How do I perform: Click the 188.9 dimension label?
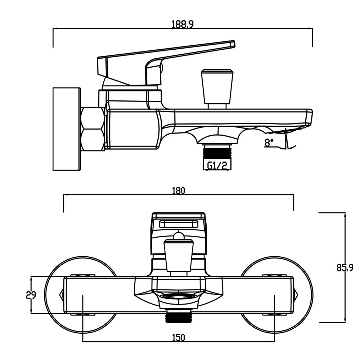click(x=183, y=24)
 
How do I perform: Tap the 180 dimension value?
click(x=179, y=191)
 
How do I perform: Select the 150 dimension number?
click(x=179, y=338)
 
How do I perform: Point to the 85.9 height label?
click(x=345, y=268)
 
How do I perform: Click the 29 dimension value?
click(x=31, y=295)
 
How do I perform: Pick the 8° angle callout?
click(x=269, y=143)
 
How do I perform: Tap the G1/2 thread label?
click(x=217, y=165)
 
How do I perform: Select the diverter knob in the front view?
click(x=179, y=257)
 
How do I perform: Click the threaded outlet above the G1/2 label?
click(x=217, y=151)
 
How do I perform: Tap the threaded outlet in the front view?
click(x=179, y=316)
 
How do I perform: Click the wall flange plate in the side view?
click(x=67, y=129)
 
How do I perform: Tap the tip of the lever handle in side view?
click(x=234, y=44)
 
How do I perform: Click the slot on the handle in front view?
click(x=179, y=224)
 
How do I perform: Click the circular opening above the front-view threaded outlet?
click(x=179, y=296)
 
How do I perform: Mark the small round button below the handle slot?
click(x=179, y=236)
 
